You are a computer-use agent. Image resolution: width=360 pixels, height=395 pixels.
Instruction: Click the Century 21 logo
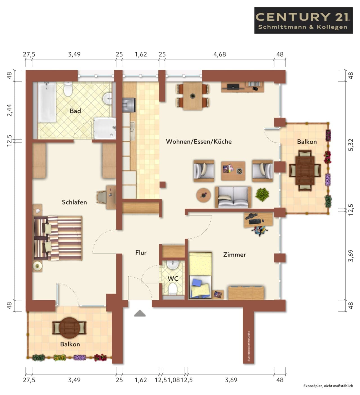tap(303, 20)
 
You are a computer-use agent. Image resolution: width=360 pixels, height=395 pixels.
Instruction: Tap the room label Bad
tap(75, 111)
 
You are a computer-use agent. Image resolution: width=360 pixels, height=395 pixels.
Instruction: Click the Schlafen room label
tap(74, 202)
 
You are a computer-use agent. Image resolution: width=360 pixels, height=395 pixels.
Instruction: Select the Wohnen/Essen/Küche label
tap(199, 141)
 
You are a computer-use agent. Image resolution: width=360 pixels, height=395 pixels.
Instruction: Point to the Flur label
tap(141, 252)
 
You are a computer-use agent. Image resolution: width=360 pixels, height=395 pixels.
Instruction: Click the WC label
tap(173, 278)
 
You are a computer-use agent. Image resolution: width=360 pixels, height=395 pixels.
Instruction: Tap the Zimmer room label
tap(235, 255)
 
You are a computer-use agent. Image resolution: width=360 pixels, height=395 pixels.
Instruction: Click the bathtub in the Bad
tap(47, 102)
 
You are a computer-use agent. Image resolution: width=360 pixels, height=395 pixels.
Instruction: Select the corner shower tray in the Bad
tap(105, 128)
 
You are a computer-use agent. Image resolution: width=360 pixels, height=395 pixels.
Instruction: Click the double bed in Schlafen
tap(58, 238)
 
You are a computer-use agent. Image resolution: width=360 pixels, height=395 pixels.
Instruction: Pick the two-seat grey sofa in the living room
tap(233, 197)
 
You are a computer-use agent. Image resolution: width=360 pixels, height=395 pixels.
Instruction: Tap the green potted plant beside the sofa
tap(262, 195)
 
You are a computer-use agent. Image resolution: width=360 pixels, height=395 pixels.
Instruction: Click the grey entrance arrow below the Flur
tap(140, 313)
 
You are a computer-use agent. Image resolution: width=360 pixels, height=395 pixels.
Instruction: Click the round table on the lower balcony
tap(69, 328)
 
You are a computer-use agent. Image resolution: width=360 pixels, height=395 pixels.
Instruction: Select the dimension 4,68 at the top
tap(219, 54)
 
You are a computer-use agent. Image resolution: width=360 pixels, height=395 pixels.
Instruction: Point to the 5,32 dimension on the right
tap(351, 145)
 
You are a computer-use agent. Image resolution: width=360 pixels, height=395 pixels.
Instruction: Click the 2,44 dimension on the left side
tap(9, 110)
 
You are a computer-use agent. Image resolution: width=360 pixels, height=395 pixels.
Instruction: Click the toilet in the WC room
tap(173, 289)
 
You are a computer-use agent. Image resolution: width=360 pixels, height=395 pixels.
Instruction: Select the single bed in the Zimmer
tap(201, 276)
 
